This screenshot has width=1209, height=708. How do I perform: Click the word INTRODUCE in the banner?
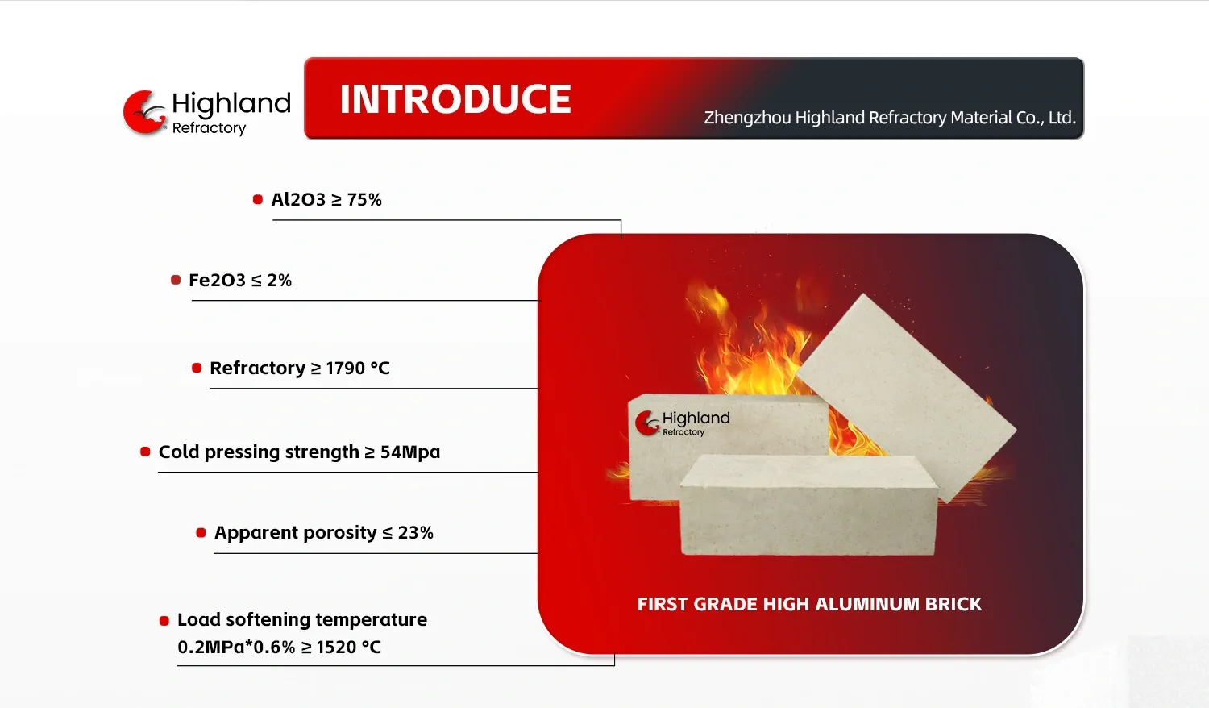(455, 99)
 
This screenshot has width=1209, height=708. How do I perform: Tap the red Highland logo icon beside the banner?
(144, 112)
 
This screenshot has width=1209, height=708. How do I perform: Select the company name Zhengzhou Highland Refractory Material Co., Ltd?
(890, 117)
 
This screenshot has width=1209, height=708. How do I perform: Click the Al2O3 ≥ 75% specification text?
(326, 200)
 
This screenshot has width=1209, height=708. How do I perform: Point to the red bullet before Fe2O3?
(176, 280)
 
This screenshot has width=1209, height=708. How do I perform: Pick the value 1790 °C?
(357, 368)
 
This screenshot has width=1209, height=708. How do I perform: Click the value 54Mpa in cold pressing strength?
(409, 452)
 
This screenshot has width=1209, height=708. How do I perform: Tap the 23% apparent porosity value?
(415, 532)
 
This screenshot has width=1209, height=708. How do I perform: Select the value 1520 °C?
(349, 647)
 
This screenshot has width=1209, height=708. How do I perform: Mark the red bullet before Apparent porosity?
(201, 533)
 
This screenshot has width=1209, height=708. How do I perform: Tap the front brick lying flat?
(808, 505)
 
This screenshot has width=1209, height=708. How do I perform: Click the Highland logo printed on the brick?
(682, 423)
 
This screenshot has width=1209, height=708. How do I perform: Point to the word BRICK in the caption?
(953, 604)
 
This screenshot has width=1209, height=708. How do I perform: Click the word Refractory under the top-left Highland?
(209, 128)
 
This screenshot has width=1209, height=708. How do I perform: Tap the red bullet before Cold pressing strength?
(145, 452)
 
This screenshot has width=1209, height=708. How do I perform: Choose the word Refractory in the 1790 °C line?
(257, 369)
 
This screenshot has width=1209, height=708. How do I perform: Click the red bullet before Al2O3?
(257, 199)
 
